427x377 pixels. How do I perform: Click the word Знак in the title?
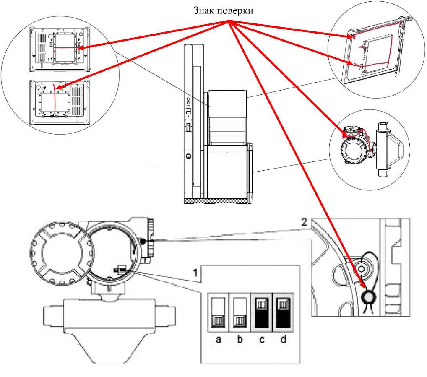[x=204, y=10]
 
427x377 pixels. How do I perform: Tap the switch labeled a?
[x=219, y=312]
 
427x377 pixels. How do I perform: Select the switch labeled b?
[x=240, y=312]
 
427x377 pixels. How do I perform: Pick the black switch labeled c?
[x=261, y=312]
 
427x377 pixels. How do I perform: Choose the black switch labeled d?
[x=283, y=312]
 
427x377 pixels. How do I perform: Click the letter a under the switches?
[x=219, y=339]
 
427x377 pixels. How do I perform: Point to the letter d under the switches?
[x=283, y=339]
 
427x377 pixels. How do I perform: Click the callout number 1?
[x=195, y=273]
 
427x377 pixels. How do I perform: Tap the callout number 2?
[x=304, y=222]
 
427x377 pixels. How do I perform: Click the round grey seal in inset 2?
[x=368, y=297]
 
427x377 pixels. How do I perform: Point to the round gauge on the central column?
[x=188, y=156]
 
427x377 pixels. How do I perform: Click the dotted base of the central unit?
[x=217, y=201]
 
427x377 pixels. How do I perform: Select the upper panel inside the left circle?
[x=60, y=49]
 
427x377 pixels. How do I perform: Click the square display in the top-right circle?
[x=378, y=54]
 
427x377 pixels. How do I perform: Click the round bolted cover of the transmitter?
[x=62, y=253]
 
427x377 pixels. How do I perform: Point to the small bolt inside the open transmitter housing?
[x=120, y=270]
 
